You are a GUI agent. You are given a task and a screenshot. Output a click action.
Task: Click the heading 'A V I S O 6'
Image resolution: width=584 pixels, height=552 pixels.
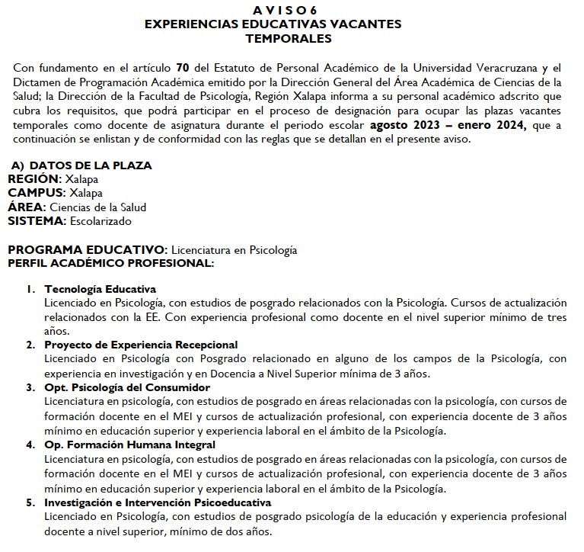point(289,9)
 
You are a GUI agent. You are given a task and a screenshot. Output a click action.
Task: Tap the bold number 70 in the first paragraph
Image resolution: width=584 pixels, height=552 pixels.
point(182,68)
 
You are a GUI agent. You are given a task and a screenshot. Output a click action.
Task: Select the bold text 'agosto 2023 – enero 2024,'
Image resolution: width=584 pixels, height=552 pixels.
point(448,126)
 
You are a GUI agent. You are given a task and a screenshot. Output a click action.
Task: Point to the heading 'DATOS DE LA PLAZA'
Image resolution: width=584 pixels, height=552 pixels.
point(90,165)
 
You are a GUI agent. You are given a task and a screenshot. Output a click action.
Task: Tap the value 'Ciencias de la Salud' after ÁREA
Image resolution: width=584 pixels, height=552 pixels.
point(98,207)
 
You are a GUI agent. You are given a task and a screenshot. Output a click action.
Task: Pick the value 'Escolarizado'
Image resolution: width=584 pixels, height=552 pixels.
point(100,221)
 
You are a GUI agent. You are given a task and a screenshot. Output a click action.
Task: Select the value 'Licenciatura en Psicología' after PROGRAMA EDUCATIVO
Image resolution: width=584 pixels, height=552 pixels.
point(234,250)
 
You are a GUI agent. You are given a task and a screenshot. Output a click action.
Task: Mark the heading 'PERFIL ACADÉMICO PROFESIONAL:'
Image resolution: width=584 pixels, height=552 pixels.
point(111,263)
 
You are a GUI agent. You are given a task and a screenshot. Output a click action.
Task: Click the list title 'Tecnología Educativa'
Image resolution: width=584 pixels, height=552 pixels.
point(101,289)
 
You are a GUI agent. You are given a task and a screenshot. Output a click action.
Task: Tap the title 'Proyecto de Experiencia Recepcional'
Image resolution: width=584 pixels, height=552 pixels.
point(141,345)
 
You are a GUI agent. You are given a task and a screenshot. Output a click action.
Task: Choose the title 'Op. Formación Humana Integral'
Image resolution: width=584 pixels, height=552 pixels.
point(129,444)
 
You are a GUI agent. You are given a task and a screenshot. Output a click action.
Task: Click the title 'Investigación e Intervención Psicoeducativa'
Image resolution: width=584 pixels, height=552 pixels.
point(158,502)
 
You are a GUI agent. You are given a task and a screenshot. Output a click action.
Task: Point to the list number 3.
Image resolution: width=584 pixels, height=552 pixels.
point(30,387)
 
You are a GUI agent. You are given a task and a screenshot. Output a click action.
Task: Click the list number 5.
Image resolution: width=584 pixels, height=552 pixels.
point(30,502)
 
